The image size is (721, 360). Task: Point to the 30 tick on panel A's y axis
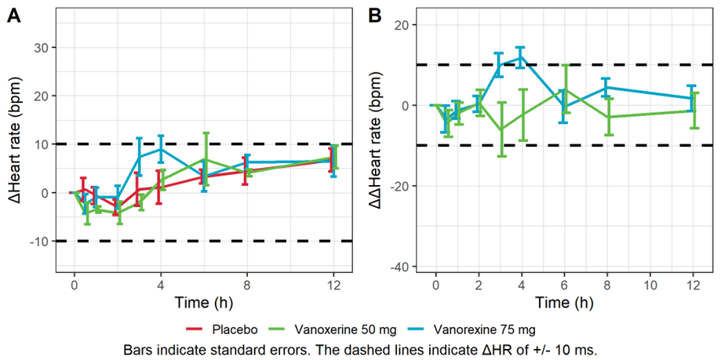[42, 48]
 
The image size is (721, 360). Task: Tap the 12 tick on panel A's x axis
[333, 287]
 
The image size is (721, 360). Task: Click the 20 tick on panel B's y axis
[410, 24]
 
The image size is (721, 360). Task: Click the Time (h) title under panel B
[563, 302]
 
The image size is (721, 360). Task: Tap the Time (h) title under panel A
[203, 302]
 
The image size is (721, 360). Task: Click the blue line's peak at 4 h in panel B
[521, 56]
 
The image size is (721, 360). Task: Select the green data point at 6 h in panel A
[204, 159]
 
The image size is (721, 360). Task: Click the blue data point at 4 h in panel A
[161, 149]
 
